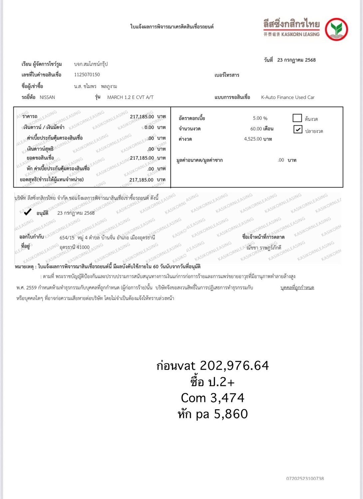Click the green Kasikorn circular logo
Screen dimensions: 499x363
click(336, 29)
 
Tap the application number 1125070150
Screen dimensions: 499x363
click(87, 75)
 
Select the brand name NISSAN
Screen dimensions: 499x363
click(47, 97)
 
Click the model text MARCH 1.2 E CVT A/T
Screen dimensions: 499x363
click(130, 97)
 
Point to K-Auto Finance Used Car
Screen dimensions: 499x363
click(288, 97)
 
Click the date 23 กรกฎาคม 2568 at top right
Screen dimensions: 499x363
click(296, 60)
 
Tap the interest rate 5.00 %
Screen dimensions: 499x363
click(260, 118)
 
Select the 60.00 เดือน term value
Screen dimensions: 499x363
click(262, 129)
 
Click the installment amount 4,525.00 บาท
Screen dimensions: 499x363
click(258, 139)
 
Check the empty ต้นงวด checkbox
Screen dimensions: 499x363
click(297, 118)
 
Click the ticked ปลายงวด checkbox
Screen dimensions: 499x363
click(298, 129)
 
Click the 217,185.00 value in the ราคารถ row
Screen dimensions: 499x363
click(142, 117)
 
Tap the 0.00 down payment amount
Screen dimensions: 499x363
click(149, 127)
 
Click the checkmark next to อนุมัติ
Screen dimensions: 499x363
click(28, 212)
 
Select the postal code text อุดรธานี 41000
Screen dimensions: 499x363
click(75, 247)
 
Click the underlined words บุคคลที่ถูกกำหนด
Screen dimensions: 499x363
click(297, 288)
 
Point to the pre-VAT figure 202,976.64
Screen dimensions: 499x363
click(234, 366)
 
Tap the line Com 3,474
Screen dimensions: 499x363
click(212, 398)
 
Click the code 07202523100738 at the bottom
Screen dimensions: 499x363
click(305, 479)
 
